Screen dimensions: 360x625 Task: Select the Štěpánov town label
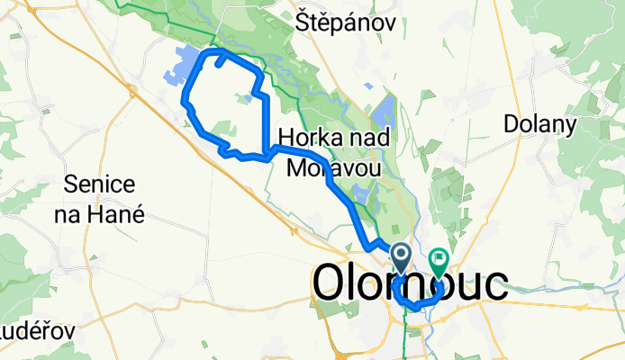tap(346, 24)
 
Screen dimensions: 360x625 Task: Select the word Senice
tap(100, 186)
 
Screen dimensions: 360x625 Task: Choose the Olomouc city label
tap(410, 283)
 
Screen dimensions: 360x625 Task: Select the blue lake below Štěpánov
tap(382, 112)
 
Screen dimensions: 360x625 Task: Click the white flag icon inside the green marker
tap(439, 258)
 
